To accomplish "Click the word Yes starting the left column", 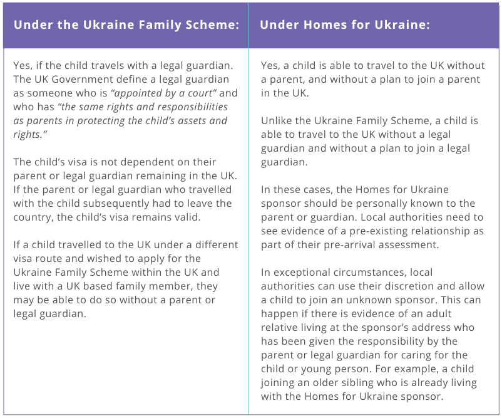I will (23, 66).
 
